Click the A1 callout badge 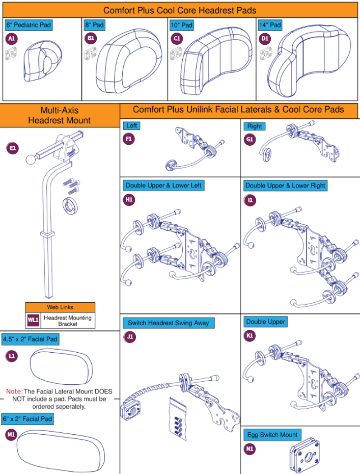tap(11, 38)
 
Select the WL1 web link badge tap(33, 320)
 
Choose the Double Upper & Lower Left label tap(163, 186)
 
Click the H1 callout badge tap(129, 199)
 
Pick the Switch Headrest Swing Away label tap(168, 323)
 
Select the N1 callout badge tap(250, 449)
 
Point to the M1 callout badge tap(11, 434)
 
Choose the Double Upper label tap(265, 322)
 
